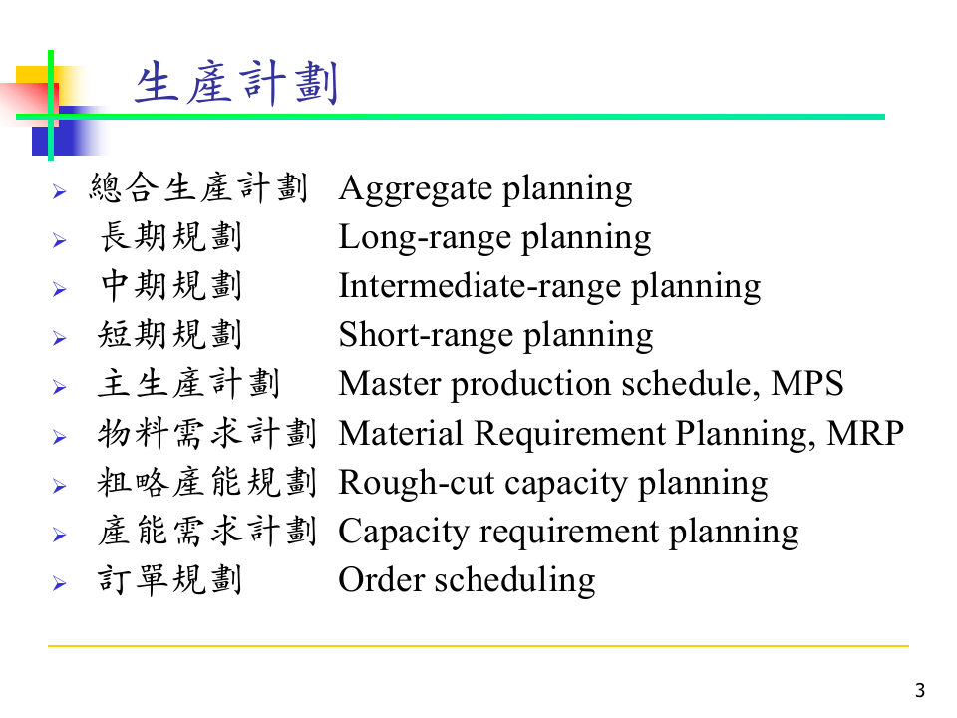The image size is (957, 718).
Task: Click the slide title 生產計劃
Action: pos(236,84)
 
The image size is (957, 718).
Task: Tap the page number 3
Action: pos(920,690)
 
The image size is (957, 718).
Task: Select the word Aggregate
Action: pos(415,189)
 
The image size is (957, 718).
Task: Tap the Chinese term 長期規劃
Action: pos(170,237)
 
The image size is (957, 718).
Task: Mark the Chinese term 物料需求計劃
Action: pos(207,433)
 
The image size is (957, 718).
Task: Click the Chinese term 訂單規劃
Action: pos(170,579)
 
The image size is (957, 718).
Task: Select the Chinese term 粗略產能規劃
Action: pos(207,482)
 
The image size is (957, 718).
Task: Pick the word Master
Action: pos(382,384)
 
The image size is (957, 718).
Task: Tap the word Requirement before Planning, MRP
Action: pos(568,434)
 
